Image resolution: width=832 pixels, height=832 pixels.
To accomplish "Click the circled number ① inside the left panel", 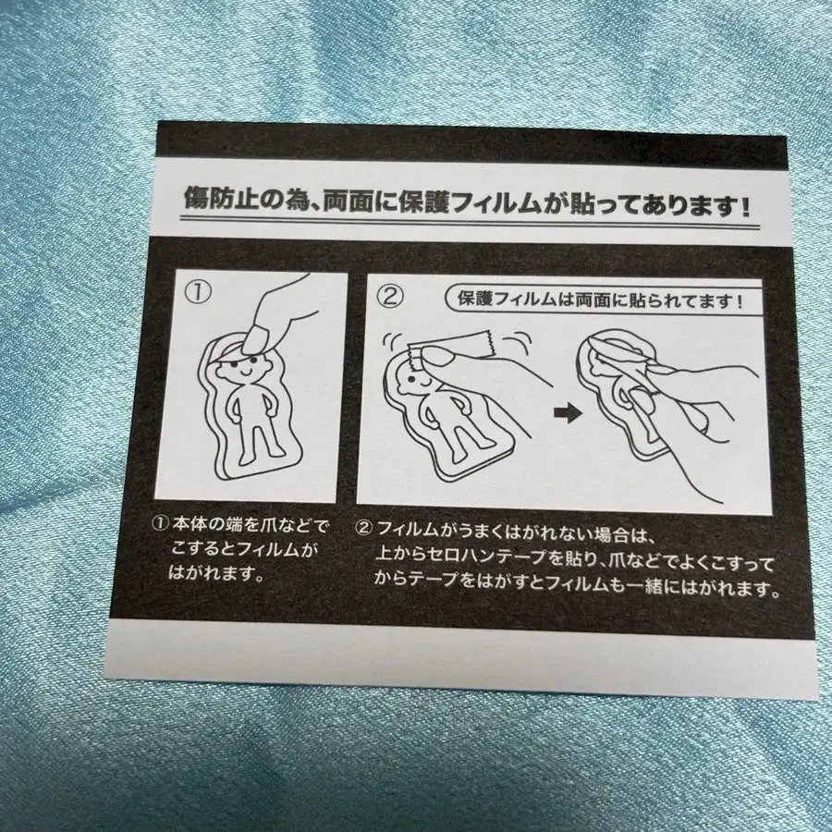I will coord(199,291).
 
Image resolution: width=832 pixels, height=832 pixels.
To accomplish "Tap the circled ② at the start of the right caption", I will coord(364,530).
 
